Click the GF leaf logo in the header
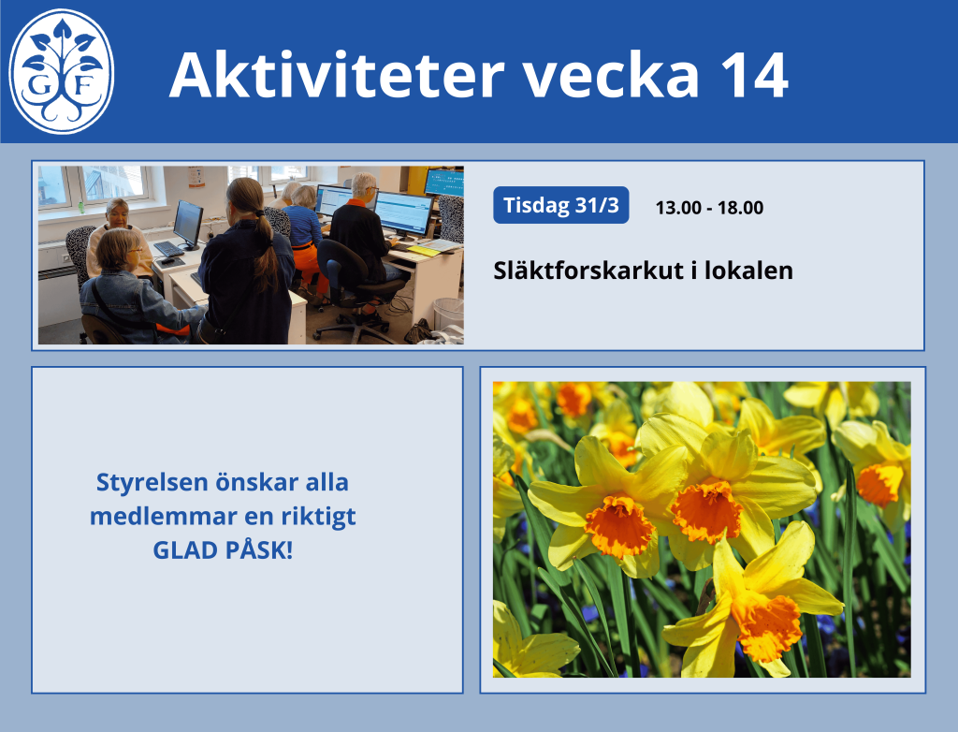pos(61,71)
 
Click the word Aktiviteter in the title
pos(337,75)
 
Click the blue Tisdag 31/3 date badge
pos(561,205)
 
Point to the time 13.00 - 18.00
pos(709,208)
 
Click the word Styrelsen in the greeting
pos(152,483)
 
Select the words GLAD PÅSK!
pos(223,549)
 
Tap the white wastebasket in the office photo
pos(448,315)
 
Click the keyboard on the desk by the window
pos(168,249)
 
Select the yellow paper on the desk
pos(424,250)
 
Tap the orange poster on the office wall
pos(196,176)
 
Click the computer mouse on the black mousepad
pos(167,260)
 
